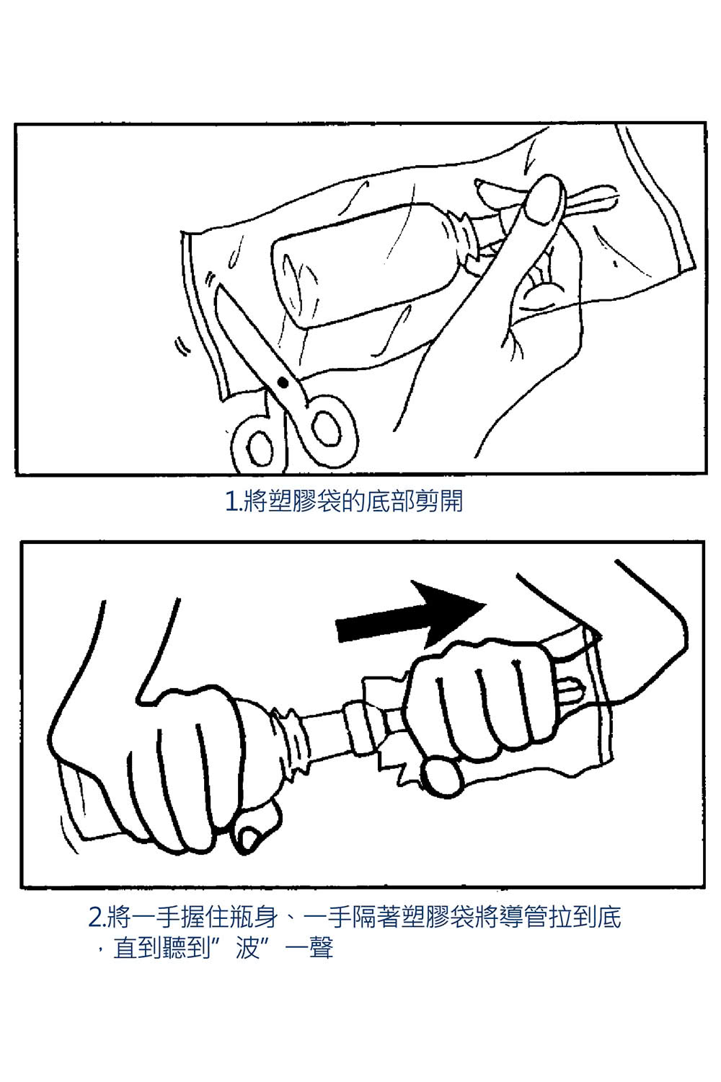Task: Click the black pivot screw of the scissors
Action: tap(283, 380)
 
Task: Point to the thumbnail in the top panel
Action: tap(542, 198)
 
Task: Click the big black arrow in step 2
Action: tap(407, 613)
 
